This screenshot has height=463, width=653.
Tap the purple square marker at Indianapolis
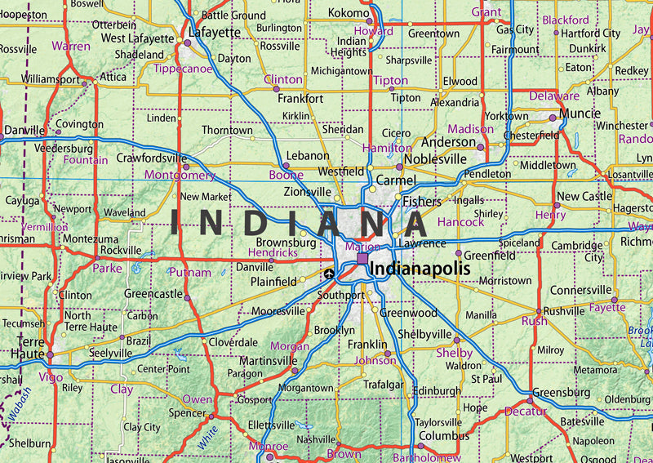[362, 259]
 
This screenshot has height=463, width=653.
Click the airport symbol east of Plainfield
[329, 274]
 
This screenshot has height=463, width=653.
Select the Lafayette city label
[215, 33]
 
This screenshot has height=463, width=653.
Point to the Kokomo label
[349, 13]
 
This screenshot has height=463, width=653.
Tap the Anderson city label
[447, 142]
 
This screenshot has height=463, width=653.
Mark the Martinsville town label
[267, 360]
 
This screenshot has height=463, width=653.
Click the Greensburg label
[562, 393]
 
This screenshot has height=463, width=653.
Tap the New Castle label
[584, 197]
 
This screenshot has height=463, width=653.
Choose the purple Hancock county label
[461, 222]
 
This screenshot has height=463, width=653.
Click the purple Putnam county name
[189, 272]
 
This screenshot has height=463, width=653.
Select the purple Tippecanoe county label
[182, 69]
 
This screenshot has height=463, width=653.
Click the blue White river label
[209, 430]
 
